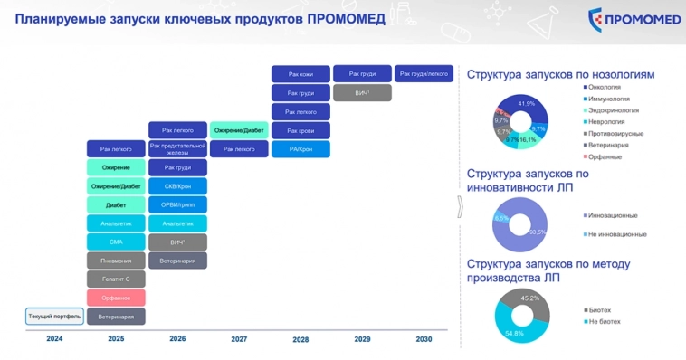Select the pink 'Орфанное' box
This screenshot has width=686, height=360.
tap(116, 298)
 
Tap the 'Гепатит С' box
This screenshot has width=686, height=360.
tap(116, 279)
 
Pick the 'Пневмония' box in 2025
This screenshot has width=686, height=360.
tap(116, 261)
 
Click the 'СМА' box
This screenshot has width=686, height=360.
tap(116, 242)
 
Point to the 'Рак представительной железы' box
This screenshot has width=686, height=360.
tap(177, 148)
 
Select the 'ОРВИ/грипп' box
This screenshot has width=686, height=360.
tap(177, 204)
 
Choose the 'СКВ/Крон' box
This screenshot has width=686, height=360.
tap(177, 186)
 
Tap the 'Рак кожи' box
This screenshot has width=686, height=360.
tap(300, 74)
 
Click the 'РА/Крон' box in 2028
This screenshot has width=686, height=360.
tap(300, 149)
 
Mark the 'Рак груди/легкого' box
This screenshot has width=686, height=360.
tap(424, 73)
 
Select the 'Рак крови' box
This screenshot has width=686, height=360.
tap(300, 130)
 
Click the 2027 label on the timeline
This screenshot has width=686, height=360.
tap(239, 338)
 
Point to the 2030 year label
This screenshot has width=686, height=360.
tap(424, 338)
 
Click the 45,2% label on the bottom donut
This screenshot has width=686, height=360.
tap(529, 298)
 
